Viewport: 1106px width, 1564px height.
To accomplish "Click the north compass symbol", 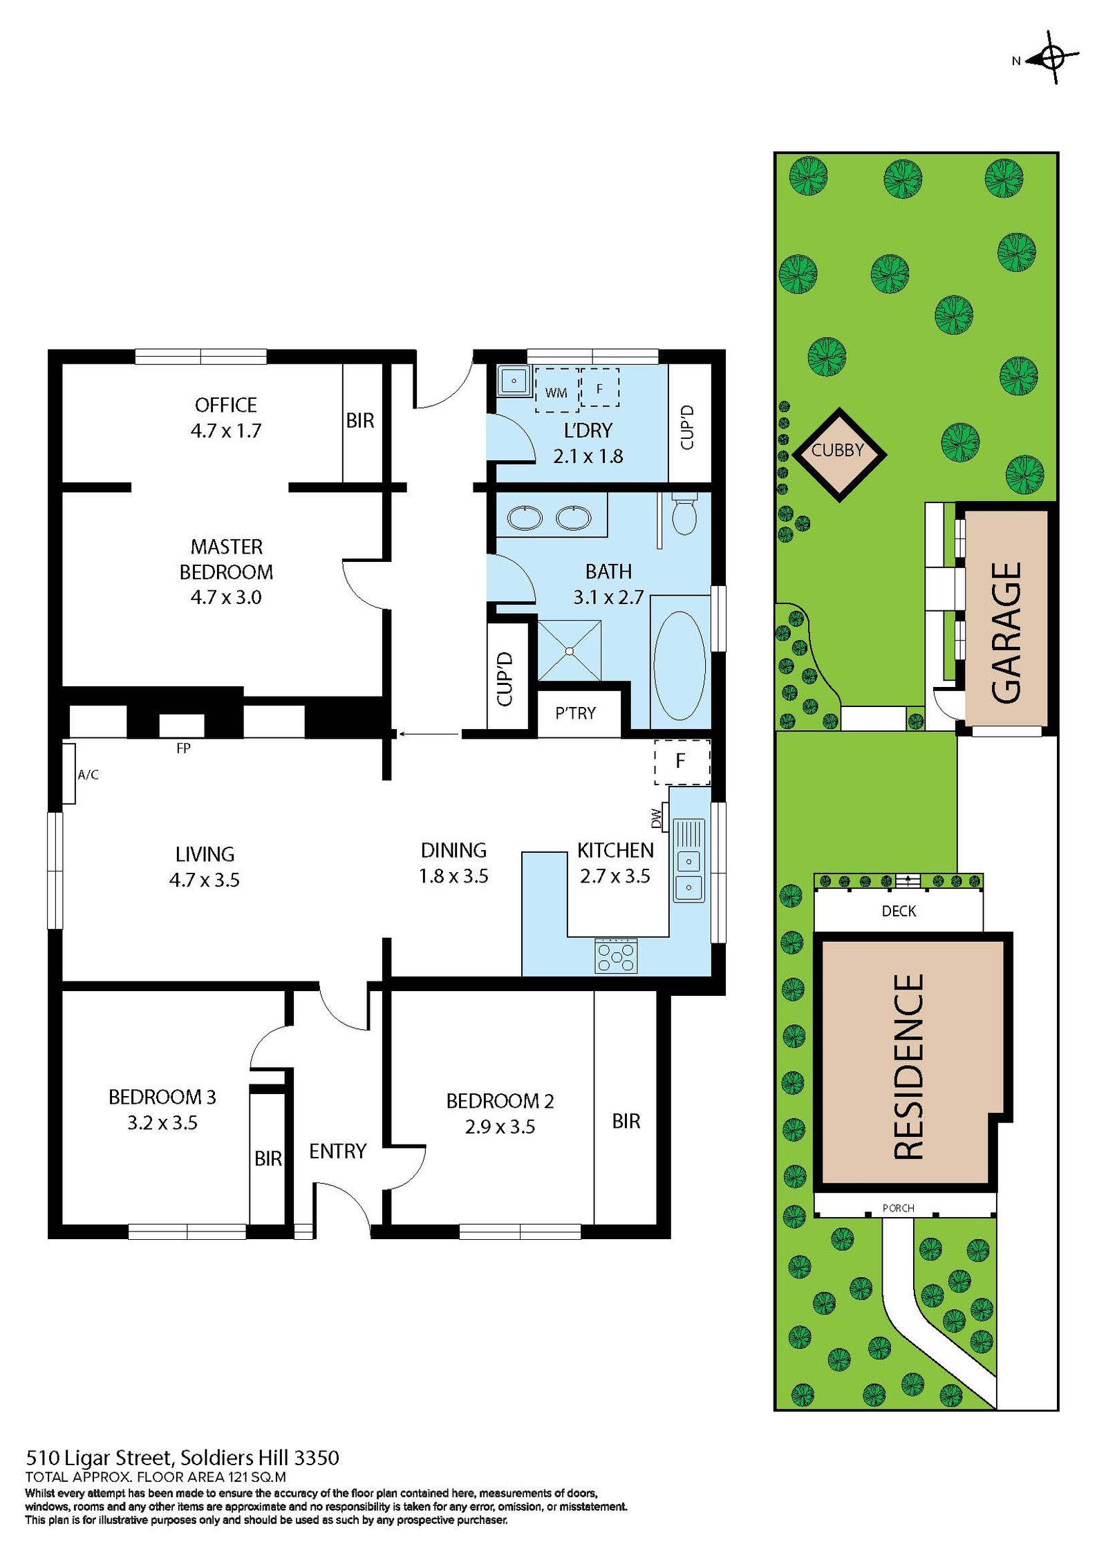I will [1051, 58].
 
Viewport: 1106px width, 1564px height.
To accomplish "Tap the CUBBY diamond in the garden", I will [838, 454].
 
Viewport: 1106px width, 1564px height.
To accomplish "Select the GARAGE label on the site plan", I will [1006, 632].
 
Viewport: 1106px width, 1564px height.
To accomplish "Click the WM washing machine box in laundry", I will [556, 392].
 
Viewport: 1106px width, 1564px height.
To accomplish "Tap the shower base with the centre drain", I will [570, 650].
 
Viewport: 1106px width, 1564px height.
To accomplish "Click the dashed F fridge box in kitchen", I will [682, 762].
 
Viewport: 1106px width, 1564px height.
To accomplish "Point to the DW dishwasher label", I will [656, 818].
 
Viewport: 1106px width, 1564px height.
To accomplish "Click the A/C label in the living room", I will [88, 775].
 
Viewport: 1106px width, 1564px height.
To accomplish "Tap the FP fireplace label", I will [183, 748].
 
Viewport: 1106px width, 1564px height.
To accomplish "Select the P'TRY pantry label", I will [575, 713].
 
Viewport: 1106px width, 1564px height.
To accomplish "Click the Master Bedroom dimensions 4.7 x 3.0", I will [226, 597].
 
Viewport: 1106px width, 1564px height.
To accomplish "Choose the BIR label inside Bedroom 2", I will [626, 1120].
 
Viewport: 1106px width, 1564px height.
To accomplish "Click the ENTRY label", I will [337, 1151].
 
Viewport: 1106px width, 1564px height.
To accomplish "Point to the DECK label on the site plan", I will [899, 911].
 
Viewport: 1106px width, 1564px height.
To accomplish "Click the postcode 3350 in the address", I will [317, 1458].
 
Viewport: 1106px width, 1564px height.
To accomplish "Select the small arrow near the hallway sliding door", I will [429, 734].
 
